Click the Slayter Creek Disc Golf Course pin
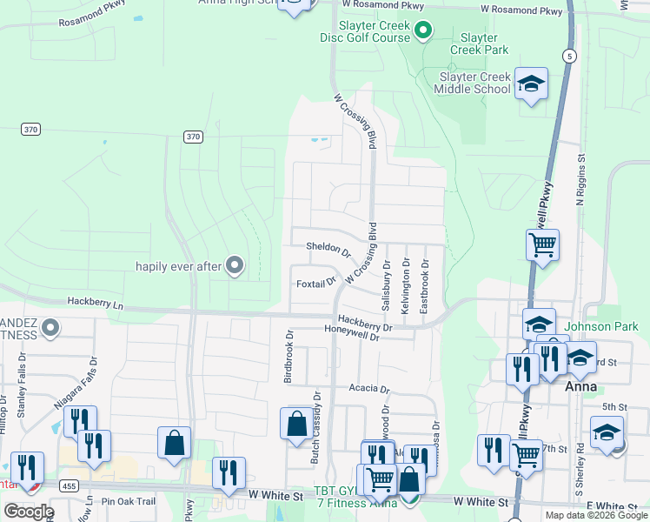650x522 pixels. [423, 32]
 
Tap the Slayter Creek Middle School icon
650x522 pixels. [531, 85]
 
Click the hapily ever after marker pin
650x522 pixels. [234, 265]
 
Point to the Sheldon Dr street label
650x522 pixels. [328, 250]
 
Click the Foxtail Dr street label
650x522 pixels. [315, 284]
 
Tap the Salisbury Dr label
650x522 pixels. [385, 285]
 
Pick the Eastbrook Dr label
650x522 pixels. [425, 285]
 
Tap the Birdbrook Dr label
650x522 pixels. [289, 356]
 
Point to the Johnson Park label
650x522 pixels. [600, 327]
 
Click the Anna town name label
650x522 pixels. [580, 386]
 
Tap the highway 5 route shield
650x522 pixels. [568, 56]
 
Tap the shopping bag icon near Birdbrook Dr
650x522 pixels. [296, 424]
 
